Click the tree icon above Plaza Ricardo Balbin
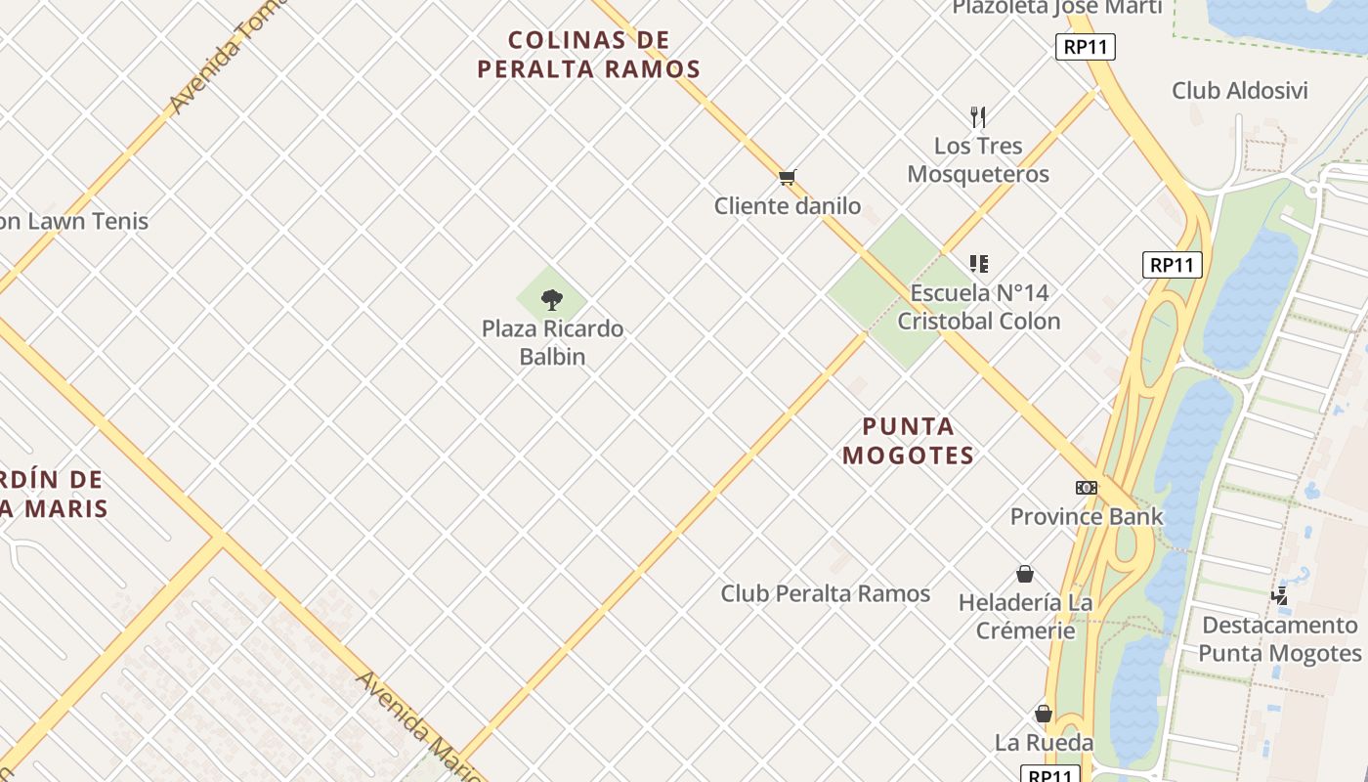[x=552, y=299]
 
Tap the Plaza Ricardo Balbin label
[x=552, y=342]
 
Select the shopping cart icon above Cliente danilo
[x=788, y=177]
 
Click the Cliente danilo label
[x=788, y=205]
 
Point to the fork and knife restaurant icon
[x=978, y=117]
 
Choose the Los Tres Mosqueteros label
[x=978, y=159]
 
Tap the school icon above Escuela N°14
[x=979, y=263]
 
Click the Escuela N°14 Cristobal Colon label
[x=979, y=307]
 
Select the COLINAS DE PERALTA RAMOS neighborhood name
[x=589, y=54]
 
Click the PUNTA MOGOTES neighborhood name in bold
[x=909, y=441]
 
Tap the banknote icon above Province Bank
[x=1087, y=488]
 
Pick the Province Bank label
[x=1087, y=516]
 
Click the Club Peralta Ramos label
[x=826, y=593]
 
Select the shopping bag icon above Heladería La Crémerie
[x=1025, y=574]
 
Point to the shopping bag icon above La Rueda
[x=1044, y=714]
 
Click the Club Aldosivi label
[x=1240, y=91]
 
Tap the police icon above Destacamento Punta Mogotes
[x=1280, y=595]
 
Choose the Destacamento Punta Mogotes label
[x=1280, y=639]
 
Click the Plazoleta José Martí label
[x=1057, y=8]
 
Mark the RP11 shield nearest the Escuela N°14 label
[x=1172, y=265]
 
